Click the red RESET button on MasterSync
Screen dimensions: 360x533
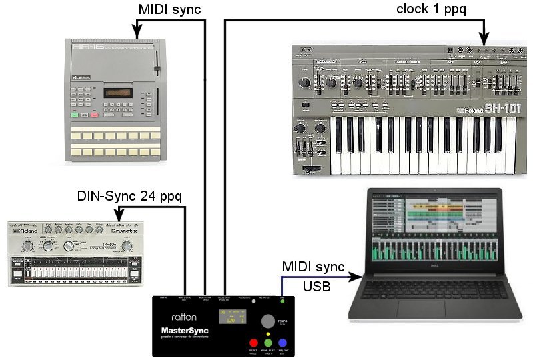point(253,343)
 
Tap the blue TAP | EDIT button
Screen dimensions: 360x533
point(282,343)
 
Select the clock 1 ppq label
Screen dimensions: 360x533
point(432,9)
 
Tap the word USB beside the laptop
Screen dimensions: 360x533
point(316,287)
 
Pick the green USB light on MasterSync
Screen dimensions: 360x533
point(282,301)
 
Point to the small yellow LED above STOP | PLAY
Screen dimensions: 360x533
point(268,333)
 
